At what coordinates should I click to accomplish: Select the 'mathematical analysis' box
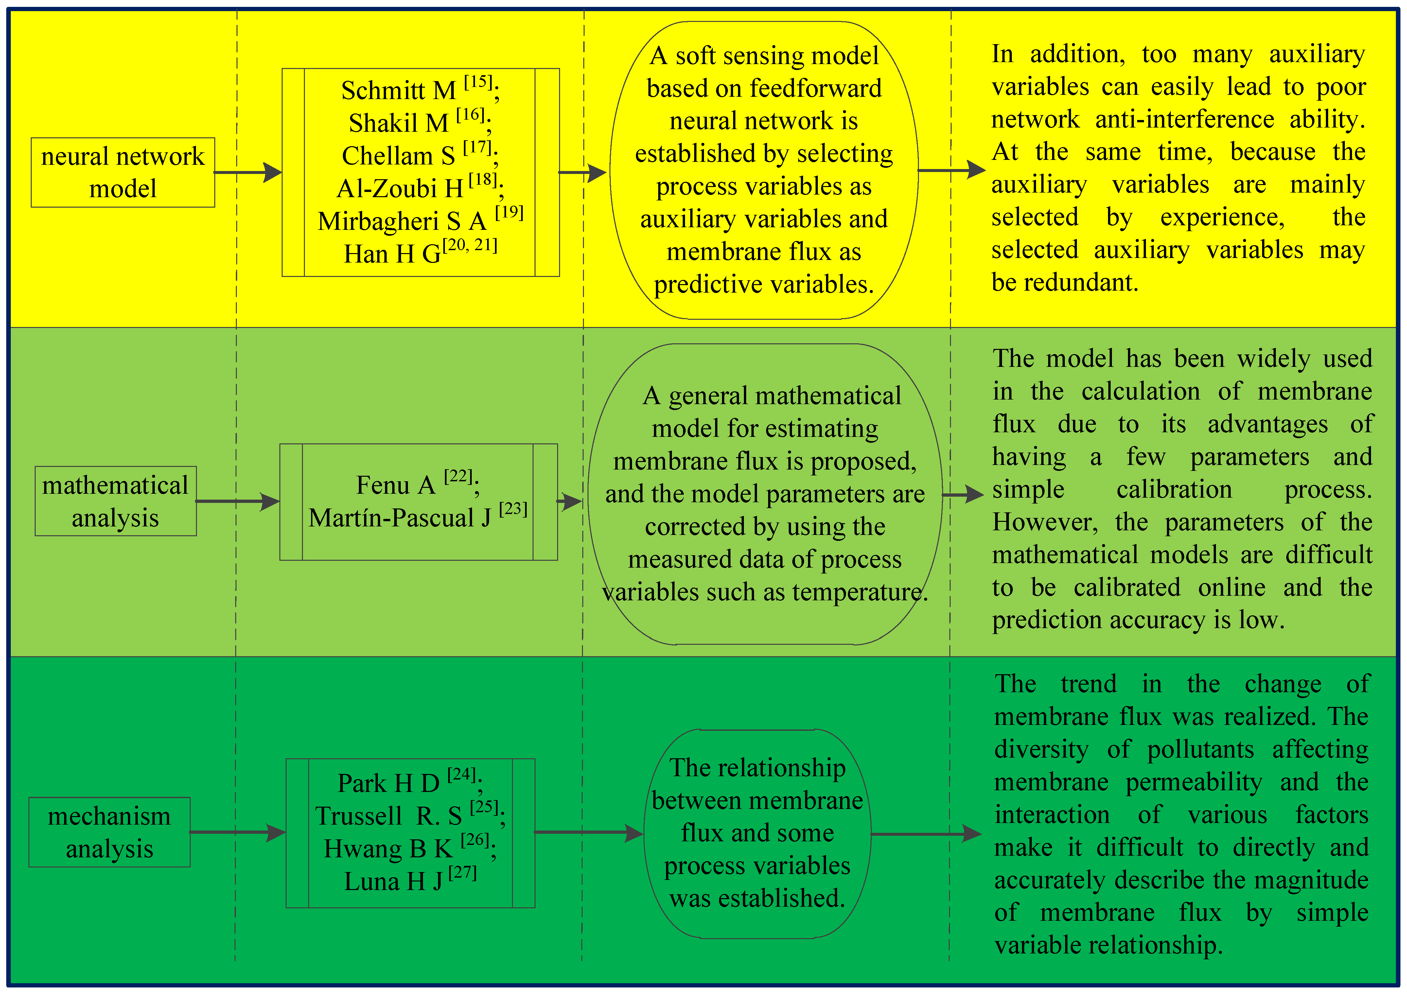pyautogui.click(x=115, y=501)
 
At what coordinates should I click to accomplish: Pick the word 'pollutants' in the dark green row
pyautogui.click(x=1200, y=750)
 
